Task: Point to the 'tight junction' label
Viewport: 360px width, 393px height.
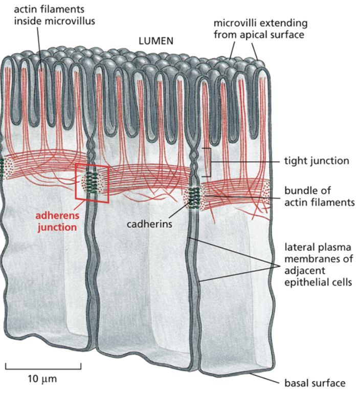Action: pos(316,161)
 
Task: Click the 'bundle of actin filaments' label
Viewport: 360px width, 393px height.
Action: pos(319,196)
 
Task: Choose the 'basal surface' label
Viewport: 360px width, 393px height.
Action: pos(315,382)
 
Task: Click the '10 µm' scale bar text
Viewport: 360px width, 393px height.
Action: pos(43,379)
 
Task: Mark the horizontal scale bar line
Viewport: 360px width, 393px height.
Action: pos(43,367)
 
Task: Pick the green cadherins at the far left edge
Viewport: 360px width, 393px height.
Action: pos(2,167)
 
